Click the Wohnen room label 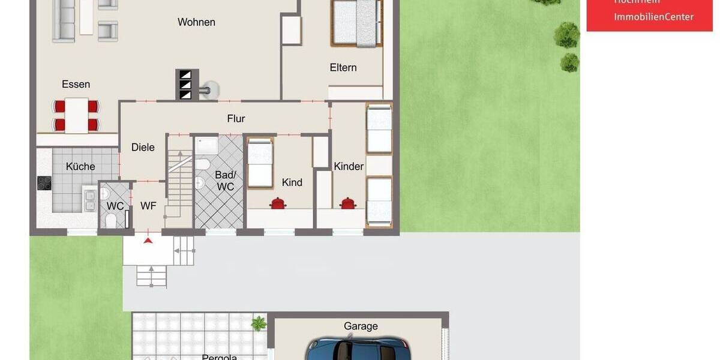[196, 22]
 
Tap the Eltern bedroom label [343, 68]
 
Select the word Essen [76, 84]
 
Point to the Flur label [236, 119]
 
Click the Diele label [143, 147]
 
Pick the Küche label [80, 167]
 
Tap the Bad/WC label [225, 181]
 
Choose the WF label [148, 206]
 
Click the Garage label [361, 326]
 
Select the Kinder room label [349, 166]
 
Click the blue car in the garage [359, 349]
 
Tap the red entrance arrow [148, 241]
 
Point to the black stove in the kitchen [44, 182]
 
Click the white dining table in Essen [77, 115]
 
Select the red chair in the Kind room [278, 203]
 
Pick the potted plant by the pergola [259, 323]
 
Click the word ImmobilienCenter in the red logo [653, 17]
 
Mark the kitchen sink [90, 200]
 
